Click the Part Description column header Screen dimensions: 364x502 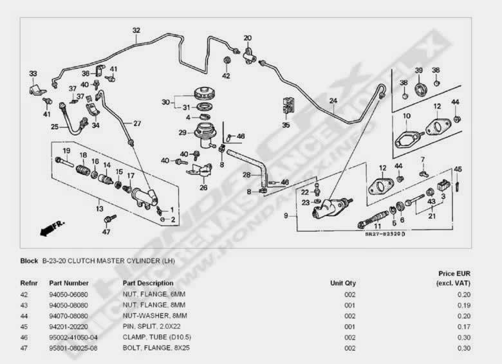tap(147, 283)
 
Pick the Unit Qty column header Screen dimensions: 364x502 tap(342, 283)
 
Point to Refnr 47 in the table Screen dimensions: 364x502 tap(25, 348)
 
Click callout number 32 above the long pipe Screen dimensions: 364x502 tap(136, 30)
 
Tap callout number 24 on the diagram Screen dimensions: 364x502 tap(333, 100)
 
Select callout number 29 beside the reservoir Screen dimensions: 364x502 tap(182, 133)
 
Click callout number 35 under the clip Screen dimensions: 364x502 tap(286, 125)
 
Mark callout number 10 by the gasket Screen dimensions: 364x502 tap(406, 116)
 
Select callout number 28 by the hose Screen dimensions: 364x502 tap(246, 174)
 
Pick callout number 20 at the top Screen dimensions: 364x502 tap(247, 38)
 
